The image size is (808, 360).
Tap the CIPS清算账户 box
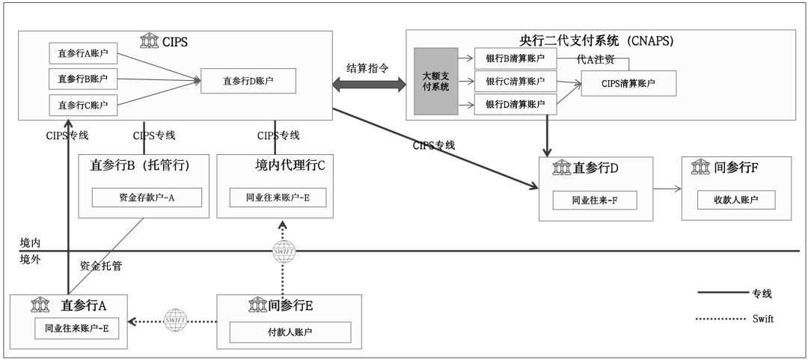[628, 82]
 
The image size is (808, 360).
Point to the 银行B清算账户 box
[515, 58]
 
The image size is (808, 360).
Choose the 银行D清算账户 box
[515, 104]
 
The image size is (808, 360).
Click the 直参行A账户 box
[83, 53]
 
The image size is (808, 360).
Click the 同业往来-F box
[595, 200]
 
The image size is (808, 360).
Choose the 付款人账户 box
[290, 332]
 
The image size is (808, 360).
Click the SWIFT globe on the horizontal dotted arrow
[174, 320]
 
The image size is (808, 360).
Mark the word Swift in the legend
[762, 319]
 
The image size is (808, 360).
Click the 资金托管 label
[101, 266]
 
